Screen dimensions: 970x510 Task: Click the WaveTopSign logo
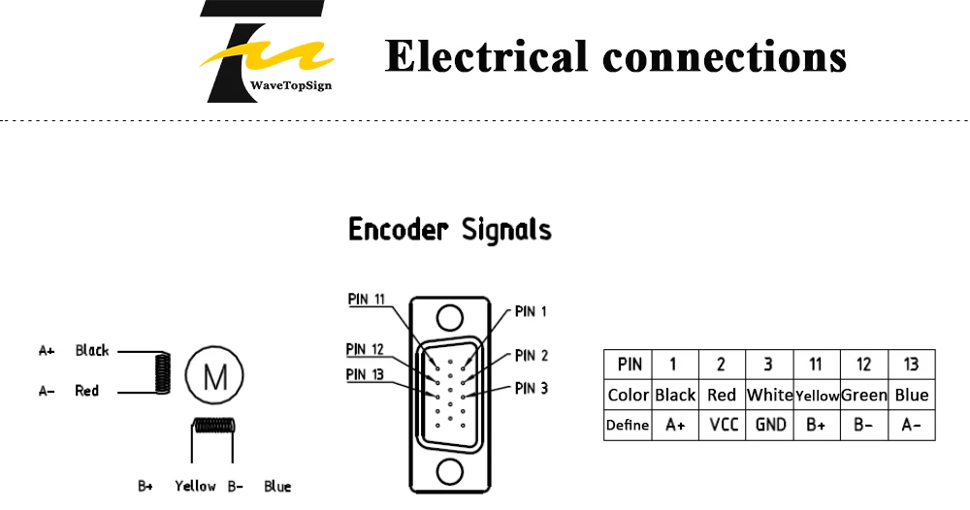click(x=266, y=51)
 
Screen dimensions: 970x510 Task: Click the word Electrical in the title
click(x=486, y=55)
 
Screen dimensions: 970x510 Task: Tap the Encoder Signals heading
click(x=450, y=230)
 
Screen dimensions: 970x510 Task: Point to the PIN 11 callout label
click(x=367, y=300)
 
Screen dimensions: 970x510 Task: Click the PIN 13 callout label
click(x=365, y=374)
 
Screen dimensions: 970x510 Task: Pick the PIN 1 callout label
click(x=531, y=311)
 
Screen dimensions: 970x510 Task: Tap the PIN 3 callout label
click(x=532, y=388)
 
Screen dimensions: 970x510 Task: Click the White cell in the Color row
click(x=769, y=395)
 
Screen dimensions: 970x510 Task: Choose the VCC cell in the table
click(x=723, y=426)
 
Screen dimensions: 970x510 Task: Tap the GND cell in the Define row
click(x=769, y=426)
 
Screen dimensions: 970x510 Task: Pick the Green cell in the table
click(x=864, y=395)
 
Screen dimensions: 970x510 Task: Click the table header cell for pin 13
click(x=912, y=365)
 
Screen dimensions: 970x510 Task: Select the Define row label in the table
click(x=628, y=426)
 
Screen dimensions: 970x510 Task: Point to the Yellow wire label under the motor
click(x=196, y=487)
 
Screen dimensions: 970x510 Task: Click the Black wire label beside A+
click(x=92, y=351)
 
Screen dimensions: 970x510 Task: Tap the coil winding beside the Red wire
click(x=162, y=372)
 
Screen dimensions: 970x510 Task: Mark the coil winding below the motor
click(x=214, y=426)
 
